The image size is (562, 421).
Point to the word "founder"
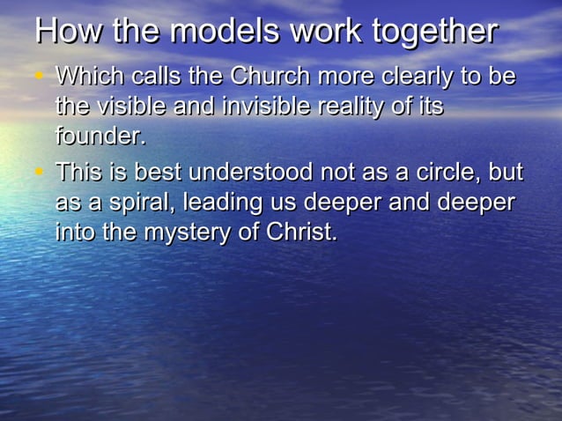pos(100,137)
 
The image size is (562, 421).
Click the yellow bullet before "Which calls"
pos(39,77)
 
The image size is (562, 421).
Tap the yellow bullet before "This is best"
pos(39,172)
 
